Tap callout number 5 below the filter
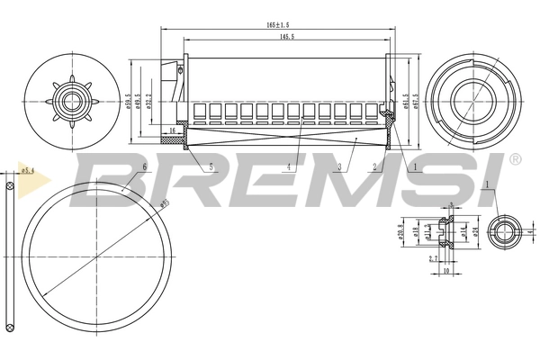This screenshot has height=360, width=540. (211, 166)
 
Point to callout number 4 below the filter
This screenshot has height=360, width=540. (288, 166)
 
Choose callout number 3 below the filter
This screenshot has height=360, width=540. (338, 166)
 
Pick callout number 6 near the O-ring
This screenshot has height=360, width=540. (145, 167)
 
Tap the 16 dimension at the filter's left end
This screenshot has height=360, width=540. (173, 131)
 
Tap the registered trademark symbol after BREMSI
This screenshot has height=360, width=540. (514, 159)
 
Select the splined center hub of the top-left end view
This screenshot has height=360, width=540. (68, 100)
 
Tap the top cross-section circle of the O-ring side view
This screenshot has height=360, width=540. (8, 190)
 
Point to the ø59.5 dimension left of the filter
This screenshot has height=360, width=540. (129, 102)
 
